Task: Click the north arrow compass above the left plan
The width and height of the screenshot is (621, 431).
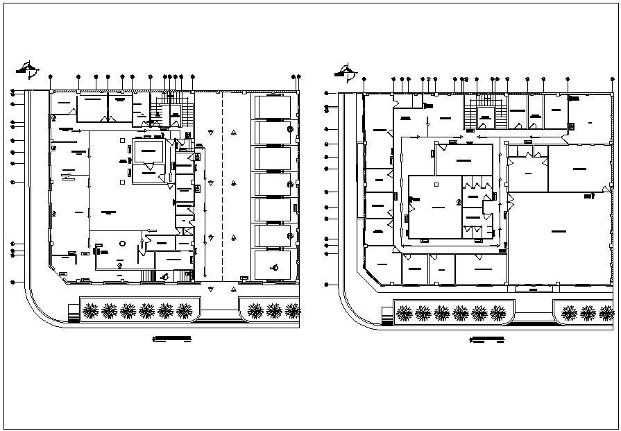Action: pos(28,69)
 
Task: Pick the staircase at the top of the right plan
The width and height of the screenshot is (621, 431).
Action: pos(482,111)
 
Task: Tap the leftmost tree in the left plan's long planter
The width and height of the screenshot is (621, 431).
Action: pos(90,311)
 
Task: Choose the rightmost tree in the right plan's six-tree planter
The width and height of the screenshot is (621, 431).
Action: pos(497,314)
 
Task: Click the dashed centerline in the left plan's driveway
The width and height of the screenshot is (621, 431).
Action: pos(222,187)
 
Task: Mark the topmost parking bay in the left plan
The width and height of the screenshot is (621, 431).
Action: pos(273,107)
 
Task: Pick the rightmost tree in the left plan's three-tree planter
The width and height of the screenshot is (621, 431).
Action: pos(293,310)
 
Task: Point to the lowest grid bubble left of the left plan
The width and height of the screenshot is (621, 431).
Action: pos(13,282)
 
